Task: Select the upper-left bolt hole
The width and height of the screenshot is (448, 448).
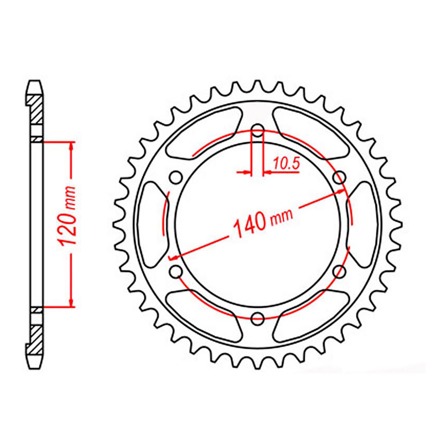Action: [176, 178]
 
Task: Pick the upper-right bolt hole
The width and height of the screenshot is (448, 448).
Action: [339, 178]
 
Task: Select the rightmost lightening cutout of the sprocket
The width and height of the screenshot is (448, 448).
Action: [363, 224]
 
